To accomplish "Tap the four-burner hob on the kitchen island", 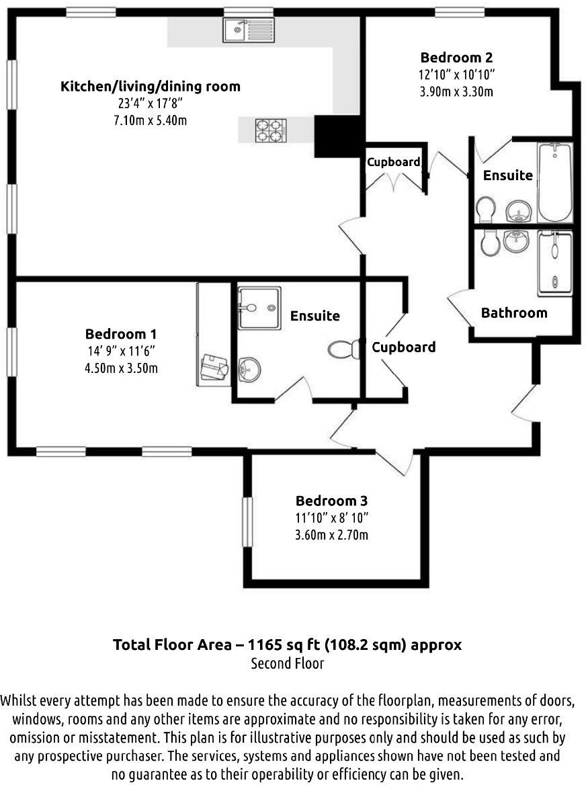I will coord(270,130).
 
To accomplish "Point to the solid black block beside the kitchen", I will coord(338,135).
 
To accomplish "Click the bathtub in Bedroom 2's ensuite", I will coord(554,182).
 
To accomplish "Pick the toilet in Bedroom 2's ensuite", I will coord(485,209).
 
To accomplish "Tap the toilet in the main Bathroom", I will coord(490,241).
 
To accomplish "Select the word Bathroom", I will coord(514,313).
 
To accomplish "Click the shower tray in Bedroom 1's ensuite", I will coord(259,308).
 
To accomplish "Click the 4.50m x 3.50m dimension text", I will coord(121,368).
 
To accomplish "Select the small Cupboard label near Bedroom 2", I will coord(394,162).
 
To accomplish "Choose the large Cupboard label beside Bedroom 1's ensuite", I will coord(403,347).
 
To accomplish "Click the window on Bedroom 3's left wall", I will coord(247,522).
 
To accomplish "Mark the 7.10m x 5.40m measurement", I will coord(150,120).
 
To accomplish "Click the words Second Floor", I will coord(288,663).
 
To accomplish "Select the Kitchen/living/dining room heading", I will coord(150,87).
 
